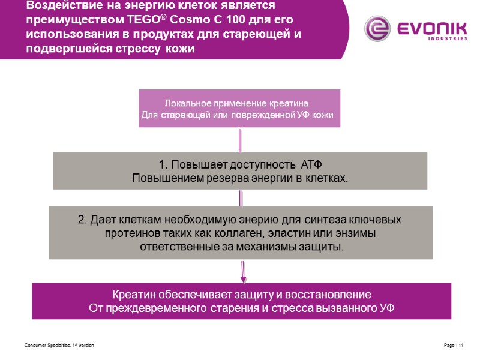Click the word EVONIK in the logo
pos(428,26)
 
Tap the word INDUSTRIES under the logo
pos(447,38)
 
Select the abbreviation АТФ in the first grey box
pos(314,164)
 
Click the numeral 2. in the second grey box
pos(82,220)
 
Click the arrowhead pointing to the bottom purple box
pos(243,278)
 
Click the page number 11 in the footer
pos(461,347)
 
